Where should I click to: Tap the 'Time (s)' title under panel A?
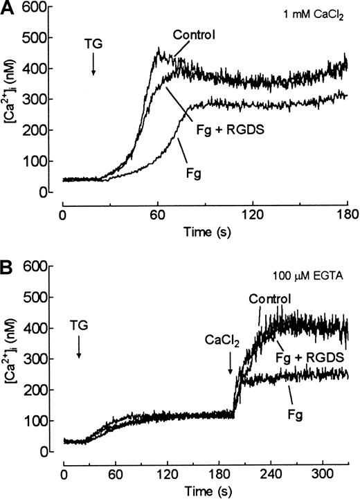204,231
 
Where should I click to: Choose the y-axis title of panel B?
14,360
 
